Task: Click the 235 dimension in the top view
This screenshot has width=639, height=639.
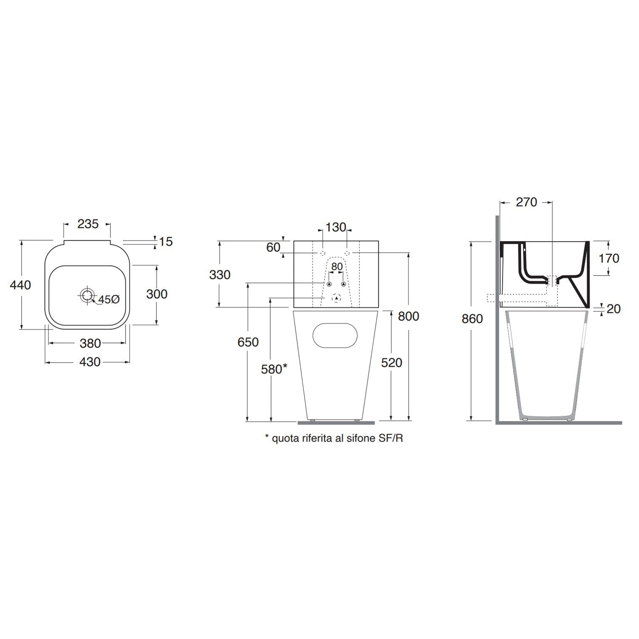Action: point(88,224)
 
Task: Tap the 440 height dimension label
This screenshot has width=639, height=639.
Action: point(20,285)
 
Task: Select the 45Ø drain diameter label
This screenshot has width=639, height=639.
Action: point(109,299)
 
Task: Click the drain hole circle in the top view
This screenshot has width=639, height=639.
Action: point(87,294)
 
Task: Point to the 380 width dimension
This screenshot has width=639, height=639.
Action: point(90,343)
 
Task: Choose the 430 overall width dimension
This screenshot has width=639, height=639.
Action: point(90,362)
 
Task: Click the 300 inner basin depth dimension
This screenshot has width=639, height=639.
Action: point(157,294)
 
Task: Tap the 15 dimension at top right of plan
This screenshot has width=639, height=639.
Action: point(166,242)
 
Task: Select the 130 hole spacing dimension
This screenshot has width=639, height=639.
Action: point(336,227)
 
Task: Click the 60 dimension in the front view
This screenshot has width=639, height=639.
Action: point(273,247)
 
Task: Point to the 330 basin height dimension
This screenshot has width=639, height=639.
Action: point(220,275)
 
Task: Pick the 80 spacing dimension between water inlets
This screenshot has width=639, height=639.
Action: point(337,267)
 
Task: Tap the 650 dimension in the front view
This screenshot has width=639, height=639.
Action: point(248,342)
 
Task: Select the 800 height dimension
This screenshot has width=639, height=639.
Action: point(409,316)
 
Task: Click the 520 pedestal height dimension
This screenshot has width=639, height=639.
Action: point(391,363)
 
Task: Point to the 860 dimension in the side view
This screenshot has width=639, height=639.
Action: point(472,319)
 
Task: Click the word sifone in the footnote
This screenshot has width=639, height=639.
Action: point(355,438)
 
